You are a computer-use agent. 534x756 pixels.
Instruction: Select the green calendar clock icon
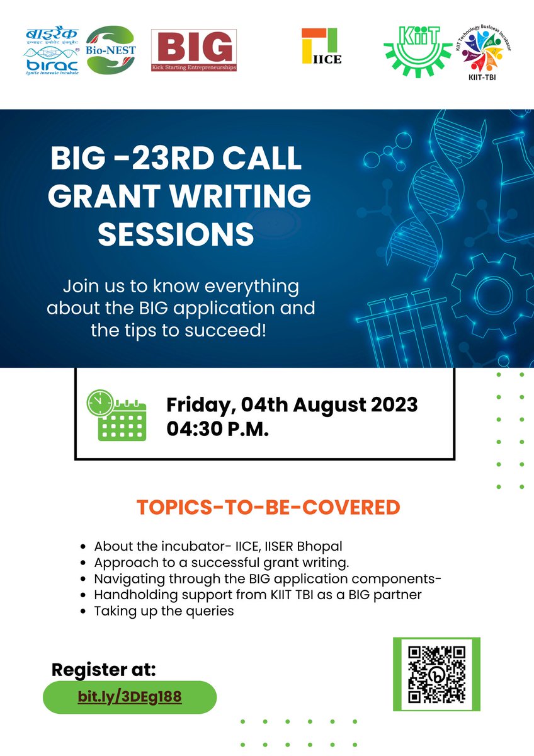coord(116,415)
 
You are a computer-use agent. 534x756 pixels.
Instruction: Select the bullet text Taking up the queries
coord(164,611)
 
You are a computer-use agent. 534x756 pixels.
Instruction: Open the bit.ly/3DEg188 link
coord(130,697)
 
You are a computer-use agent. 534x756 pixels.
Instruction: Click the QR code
coord(436,674)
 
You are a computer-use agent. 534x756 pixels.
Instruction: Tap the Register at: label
coord(103,669)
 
